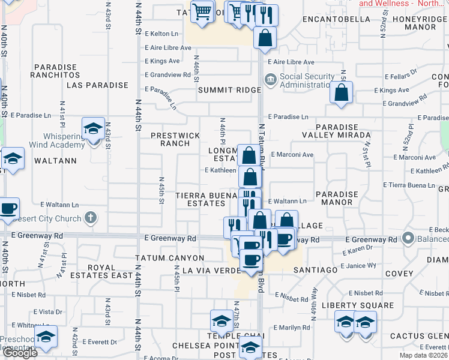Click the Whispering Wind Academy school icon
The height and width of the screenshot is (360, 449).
coord(93,129)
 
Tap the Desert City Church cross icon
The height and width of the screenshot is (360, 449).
coord(90,218)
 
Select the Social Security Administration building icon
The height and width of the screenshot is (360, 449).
coord(271,78)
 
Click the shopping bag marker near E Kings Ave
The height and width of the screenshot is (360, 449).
coord(341,93)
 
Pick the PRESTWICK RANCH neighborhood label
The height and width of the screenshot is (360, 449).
coord(176,139)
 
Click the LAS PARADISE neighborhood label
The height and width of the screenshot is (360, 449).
coord(98,85)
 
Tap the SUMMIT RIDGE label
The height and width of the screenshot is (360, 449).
coord(230,90)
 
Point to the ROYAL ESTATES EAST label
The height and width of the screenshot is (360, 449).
coord(110,271)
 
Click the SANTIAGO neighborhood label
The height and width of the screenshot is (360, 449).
coord(316,270)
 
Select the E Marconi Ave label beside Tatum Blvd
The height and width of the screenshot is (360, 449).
coord(292,155)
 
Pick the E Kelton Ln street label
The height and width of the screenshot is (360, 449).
coord(162,34)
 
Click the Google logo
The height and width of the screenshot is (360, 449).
coord(20,353)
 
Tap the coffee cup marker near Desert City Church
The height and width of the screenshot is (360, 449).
coord(8,209)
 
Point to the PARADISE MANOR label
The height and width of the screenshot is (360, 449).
coord(337,199)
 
